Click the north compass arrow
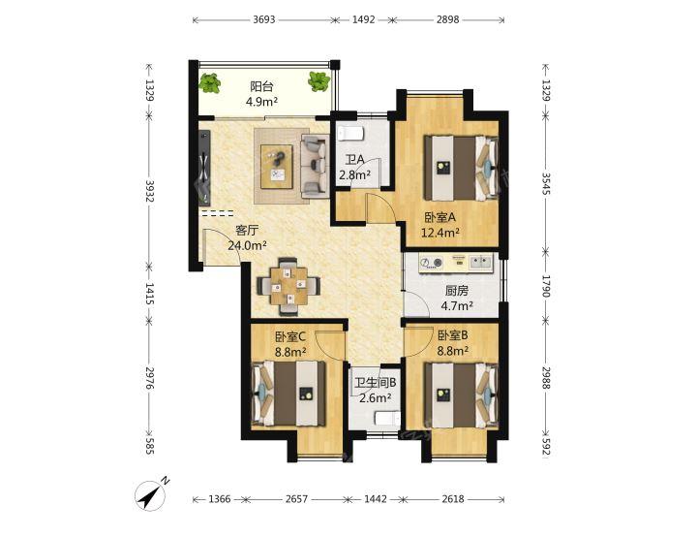click(151, 494)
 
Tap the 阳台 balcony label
click(261, 86)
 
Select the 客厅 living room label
click(247, 230)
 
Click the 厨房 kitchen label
click(457, 291)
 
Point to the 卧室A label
click(440, 217)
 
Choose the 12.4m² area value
click(440, 232)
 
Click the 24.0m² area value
click(247, 245)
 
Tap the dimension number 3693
click(264, 19)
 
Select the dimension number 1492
click(364, 19)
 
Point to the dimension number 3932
click(149, 191)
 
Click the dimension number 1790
click(546, 286)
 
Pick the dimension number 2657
click(296, 499)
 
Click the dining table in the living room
click(288, 285)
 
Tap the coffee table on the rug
click(277, 167)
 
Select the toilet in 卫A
click(351, 133)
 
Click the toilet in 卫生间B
click(387, 420)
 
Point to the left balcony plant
click(209, 83)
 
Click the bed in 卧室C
click(288, 394)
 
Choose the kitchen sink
click(480, 262)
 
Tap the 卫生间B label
click(376, 383)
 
